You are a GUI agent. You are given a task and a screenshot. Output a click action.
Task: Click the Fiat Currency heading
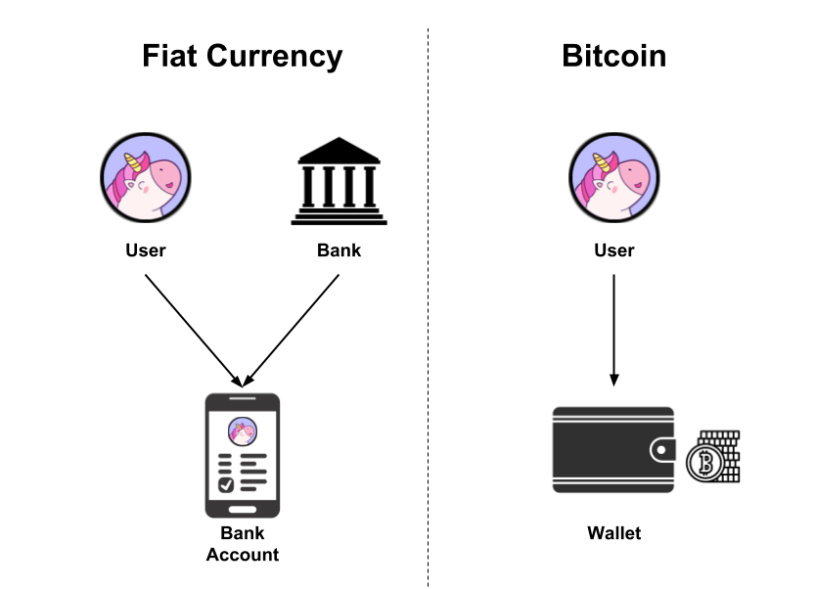pyautogui.click(x=243, y=56)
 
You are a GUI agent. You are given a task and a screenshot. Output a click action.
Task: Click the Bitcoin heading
pyautogui.click(x=613, y=56)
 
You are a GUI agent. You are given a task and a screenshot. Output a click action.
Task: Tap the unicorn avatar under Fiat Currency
pyautogui.click(x=146, y=179)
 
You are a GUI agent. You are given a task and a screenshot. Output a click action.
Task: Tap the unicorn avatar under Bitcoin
pyautogui.click(x=614, y=179)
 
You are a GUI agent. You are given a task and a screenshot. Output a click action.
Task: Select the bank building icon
pyautogui.click(x=339, y=181)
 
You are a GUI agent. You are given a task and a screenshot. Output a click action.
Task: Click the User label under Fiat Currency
pyautogui.click(x=146, y=250)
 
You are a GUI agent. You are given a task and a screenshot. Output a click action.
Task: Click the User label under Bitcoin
pyautogui.click(x=614, y=250)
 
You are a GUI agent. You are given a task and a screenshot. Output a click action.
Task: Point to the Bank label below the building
pyautogui.click(x=339, y=250)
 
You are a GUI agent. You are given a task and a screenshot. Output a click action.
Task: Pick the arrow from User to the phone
pyautogui.click(x=193, y=328)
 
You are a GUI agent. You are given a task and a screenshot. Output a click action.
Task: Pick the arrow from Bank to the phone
pyautogui.click(x=293, y=328)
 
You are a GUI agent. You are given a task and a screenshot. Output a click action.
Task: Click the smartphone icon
pyautogui.click(x=242, y=455)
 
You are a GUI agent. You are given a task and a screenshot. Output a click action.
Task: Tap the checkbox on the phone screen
pyautogui.click(x=226, y=483)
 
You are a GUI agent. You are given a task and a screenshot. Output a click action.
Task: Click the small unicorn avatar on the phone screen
pyautogui.click(x=242, y=430)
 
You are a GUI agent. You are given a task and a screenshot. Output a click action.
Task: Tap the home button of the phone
pyautogui.click(x=242, y=509)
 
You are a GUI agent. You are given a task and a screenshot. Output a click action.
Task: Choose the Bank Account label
pyautogui.click(x=242, y=544)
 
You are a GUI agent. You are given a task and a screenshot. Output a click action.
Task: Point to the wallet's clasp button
pyautogui.click(x=663, y=450)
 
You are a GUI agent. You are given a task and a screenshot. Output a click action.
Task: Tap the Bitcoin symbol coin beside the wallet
pyautogui.click(x=702, y=465)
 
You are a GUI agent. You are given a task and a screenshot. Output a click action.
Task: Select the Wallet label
pyautogui.click(x=614, y=533)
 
